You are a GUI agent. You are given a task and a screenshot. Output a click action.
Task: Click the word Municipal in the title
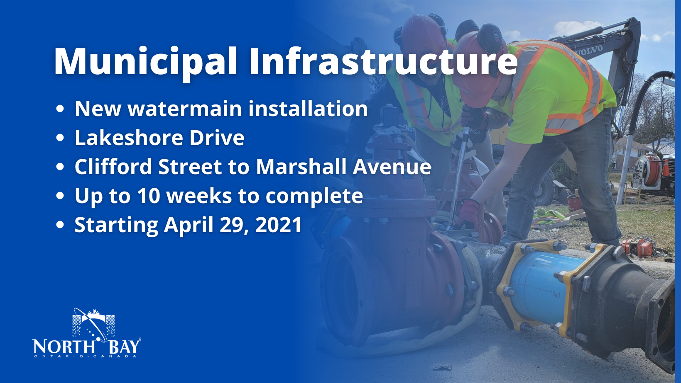(x=145, y=62)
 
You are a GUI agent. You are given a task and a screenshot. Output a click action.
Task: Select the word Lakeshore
(x=129, y=138)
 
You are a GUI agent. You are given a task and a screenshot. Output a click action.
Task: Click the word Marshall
(x=301, y=167)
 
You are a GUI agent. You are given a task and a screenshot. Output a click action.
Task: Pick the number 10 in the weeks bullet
(x=148, y=196)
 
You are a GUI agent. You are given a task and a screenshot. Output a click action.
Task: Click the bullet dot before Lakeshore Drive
(x=60, y=138)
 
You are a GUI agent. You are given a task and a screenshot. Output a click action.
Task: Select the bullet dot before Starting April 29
(x=60, y=225)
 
